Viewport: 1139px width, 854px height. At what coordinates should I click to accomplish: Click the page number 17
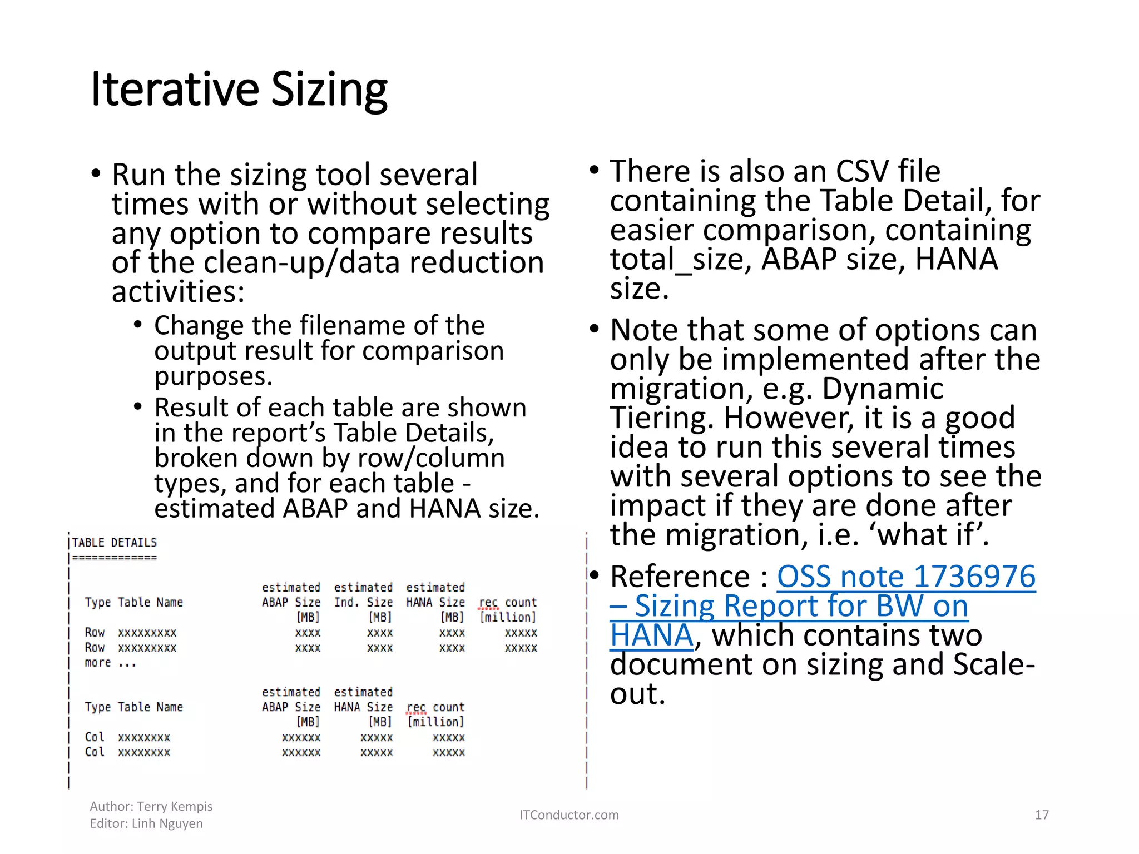click(1041, 815)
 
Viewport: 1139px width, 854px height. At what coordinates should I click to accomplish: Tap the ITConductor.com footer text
click(568, 815)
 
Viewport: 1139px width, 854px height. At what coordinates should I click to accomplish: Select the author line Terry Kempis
click(151, 806)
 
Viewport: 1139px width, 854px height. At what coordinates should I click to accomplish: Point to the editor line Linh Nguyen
click(146, 823)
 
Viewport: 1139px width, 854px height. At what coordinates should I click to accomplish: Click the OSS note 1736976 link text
click(905, 577)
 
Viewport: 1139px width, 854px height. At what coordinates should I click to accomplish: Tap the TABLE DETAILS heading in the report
click(115, 543)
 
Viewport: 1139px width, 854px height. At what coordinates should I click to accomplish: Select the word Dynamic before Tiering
click(882, 389)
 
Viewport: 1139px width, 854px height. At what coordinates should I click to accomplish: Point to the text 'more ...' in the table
click(110, 663)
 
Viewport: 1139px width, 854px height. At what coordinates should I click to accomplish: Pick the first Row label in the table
click(95, 633)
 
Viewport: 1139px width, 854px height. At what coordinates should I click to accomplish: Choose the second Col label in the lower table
click(95, 752)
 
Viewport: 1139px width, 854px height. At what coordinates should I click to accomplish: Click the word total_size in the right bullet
click(681, 259)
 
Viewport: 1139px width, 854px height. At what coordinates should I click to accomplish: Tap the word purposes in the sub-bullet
click(213, 376)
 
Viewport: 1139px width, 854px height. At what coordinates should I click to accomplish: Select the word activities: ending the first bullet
click(178, 292)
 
